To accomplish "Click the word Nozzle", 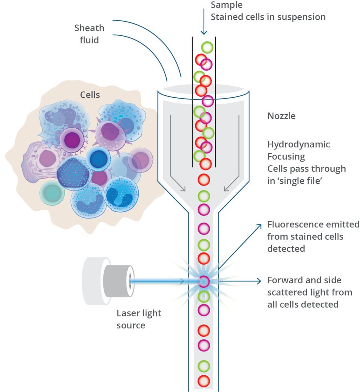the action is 281,116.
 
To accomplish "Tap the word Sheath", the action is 89,28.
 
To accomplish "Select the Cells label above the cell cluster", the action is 90,95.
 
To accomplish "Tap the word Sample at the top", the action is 227,5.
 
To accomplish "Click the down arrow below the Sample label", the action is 204,22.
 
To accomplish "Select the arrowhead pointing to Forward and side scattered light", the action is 259,281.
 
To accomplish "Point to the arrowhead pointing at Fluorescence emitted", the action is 259,226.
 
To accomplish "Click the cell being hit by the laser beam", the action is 204,281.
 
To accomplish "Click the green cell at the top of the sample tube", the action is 207,47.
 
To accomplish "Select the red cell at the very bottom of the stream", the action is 204,381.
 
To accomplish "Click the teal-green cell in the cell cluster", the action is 52,193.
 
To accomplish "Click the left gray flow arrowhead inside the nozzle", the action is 183,189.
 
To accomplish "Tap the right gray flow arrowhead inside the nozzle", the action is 226,189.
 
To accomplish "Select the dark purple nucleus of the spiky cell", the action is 72,140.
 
